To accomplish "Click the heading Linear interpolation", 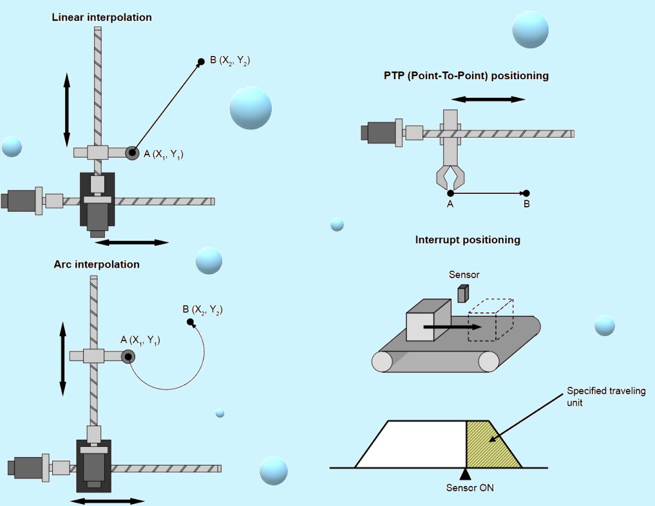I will pos(102,17).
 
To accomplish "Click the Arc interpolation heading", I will pos(97,264).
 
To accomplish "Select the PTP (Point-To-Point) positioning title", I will pos(466,75).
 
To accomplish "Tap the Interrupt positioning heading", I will pos(468,240).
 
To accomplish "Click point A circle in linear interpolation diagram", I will pos(132,153).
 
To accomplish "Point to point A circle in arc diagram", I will pos(128,357).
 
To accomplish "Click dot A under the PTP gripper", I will pos(450,193).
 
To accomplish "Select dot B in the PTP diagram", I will pos(526,193).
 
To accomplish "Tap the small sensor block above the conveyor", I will pos(462,294).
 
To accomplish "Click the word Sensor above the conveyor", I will pos(464,275).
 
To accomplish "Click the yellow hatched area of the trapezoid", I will pos(491,444).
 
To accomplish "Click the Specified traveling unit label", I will pos(606,397).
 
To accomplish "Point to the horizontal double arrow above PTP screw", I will pos(488,99).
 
